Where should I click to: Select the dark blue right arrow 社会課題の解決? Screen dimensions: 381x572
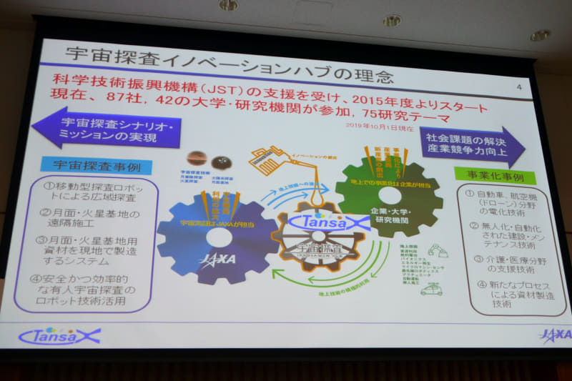tap(468, 146)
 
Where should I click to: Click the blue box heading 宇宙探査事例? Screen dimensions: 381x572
tap(97, 165)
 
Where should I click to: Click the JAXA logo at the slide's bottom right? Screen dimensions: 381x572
tap(553, 335)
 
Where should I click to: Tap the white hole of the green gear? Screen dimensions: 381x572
tap(390, 195)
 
